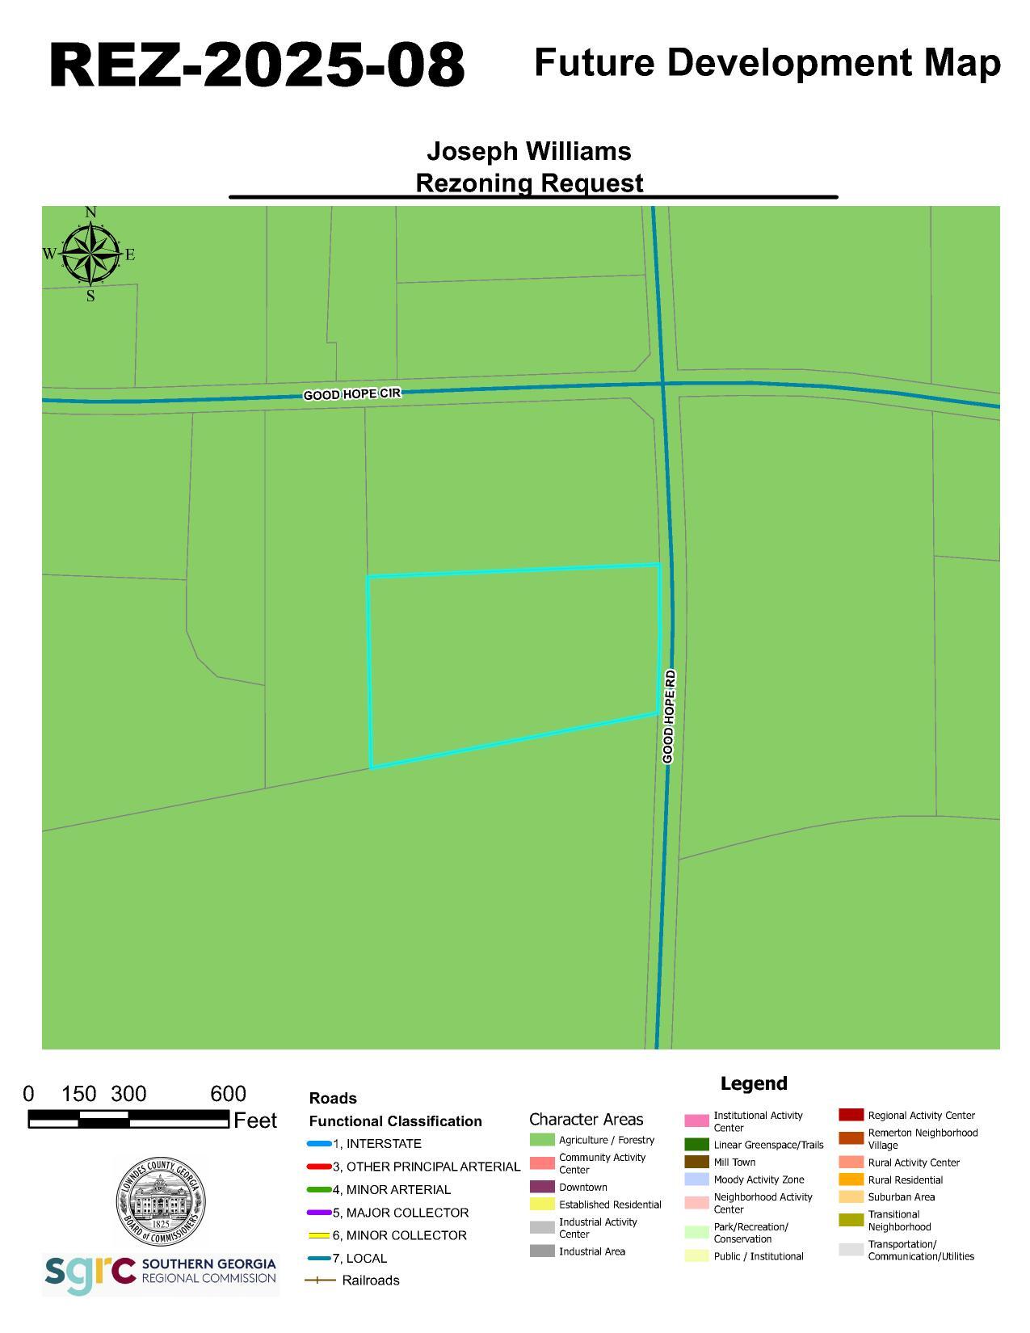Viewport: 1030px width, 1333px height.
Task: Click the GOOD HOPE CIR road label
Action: click(x=351, y=394)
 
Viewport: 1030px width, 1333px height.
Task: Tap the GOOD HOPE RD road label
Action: click(x=668, y=716)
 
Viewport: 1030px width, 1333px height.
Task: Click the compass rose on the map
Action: click(x=90, y=254)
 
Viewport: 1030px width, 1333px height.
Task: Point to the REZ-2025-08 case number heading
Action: click(x=257, y=65)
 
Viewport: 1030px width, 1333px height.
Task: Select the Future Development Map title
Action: click(x=767, y=62)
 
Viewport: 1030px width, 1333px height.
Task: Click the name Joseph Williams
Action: click(x=528, y=151)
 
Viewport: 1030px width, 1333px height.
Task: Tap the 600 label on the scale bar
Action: click(x=228, y=1094)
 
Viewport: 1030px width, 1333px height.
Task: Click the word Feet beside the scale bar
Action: click(x=254, y=1121)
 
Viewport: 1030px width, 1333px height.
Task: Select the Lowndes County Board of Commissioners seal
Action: click(x=160, y=1201)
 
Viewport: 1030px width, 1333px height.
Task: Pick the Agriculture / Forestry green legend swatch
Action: click(x=542, y=1140)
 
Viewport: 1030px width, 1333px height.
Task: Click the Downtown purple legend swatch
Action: click(x=542, y=1187)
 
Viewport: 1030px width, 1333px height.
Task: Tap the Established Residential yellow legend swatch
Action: click(x=542, y=1204)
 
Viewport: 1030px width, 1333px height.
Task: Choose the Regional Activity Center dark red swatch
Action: click(x=851, y=1115)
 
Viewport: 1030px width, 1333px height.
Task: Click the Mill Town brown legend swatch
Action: click(x=696, y=1162)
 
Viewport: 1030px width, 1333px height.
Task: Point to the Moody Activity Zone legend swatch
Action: click(x=696, y=1180)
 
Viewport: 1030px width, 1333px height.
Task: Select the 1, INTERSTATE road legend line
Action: click(x=319, y=1144)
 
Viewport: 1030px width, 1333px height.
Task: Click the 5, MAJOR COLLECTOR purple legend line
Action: click(x=319, y=1213)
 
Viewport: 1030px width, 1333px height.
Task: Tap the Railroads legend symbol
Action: click(x=320, y=1280)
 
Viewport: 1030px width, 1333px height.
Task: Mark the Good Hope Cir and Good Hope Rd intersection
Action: click(x=663, y=385)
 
